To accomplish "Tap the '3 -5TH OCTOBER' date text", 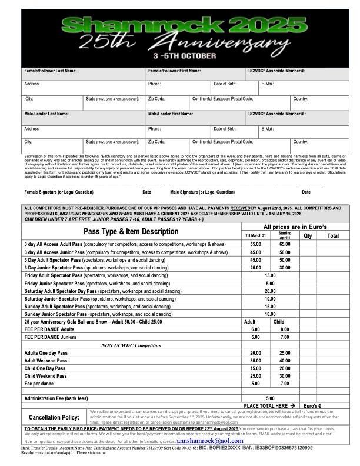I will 179,58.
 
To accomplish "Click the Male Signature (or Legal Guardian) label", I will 202,192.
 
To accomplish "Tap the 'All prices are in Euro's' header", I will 295,227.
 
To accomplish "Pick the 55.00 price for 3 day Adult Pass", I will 255,244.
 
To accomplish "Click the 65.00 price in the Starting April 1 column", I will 285,244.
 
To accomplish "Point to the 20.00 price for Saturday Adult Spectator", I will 270,291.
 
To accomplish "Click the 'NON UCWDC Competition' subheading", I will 131,345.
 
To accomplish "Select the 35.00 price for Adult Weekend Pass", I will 255,361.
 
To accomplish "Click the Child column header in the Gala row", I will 279,322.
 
